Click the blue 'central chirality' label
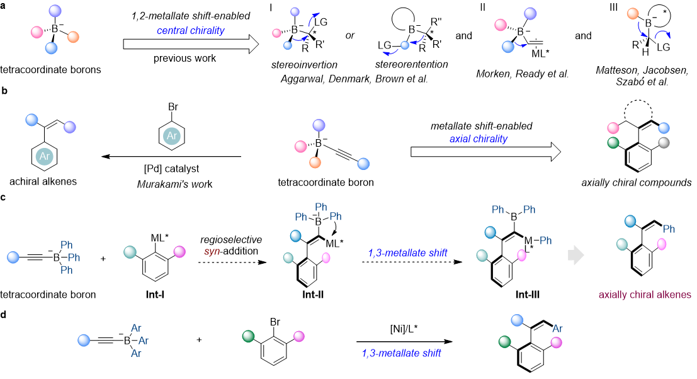point(190,31)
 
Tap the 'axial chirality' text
point(478,139)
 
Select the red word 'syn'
point(212,252)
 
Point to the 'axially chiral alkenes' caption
point(645,295)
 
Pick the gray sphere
point(664,143)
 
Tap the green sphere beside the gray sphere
point(613,143)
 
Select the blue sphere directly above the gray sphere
point(664,128)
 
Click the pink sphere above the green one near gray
point(613,128)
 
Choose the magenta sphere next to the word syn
point(179,252)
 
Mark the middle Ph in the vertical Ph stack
point(74,257)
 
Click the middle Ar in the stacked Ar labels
point(143,341)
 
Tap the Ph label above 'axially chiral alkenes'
point(669,229)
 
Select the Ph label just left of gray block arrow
point(545,240)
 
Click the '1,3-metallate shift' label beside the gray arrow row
point(407,253)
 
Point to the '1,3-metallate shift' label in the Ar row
point(401,353)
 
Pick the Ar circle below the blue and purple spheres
point(44,156)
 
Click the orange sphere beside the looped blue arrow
point(633,14)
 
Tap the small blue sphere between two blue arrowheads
point(405,45)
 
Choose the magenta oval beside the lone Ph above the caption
point(662,244)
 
